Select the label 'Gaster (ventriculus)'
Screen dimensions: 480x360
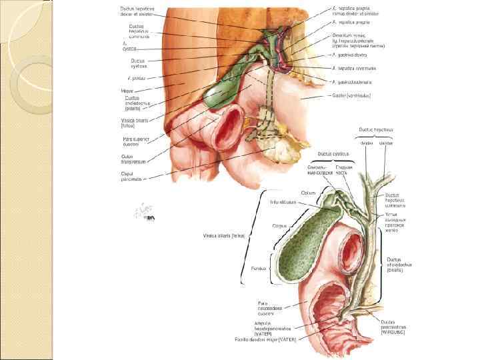tap(351, 95)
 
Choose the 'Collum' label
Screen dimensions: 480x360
tap(308, 193)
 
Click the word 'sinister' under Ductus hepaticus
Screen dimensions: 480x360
tap(386, 143)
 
